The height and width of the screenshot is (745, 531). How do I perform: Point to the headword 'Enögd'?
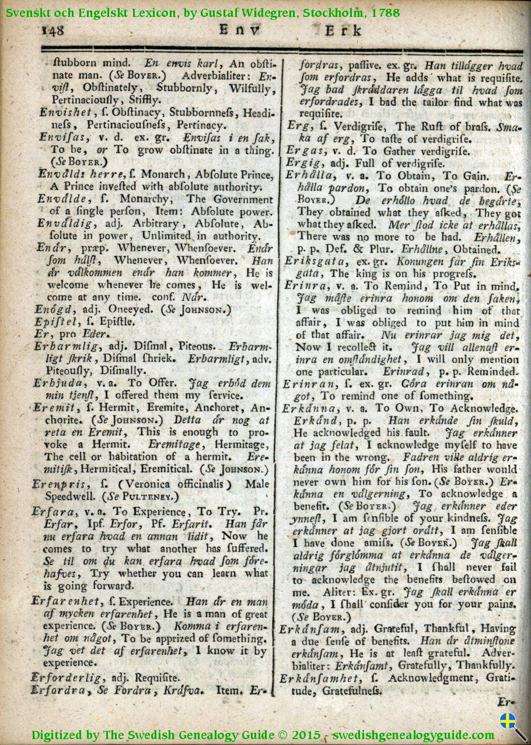coord(54,308)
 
